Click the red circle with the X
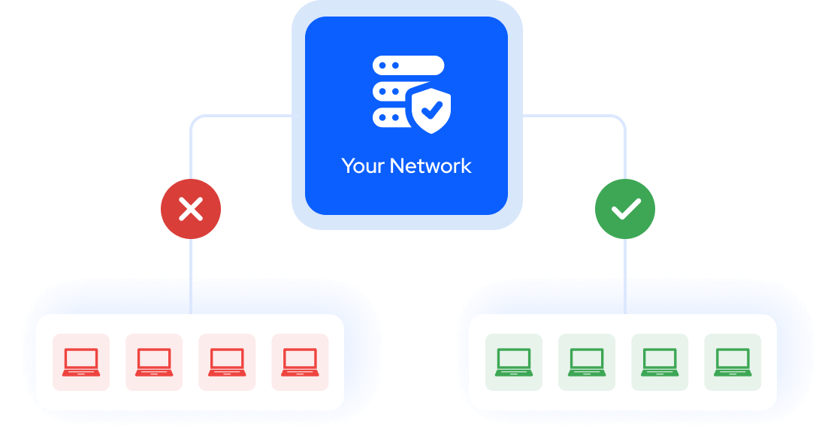pyautogui.click(x=191, y=209)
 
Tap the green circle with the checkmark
pyautogui.click(x=625, y=209)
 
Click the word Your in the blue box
pyautogui.click(x=363, y=166)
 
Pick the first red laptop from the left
pyautogui.click(x=81, y=362)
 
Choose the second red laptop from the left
pyautogui.click(x=154, y=362)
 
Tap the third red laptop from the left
pyautogui.click(x=227, y=362)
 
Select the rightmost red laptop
pyautogui.click(x=300, y=362)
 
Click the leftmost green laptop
pyautogui.click(x=514, y=362)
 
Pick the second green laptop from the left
pyautogui.click(x=587, y=362)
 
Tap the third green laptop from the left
pyautogui.click(x=660, y=362)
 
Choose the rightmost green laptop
pyautogui.click(x=733, y=362)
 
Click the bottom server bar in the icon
pyautogui.click(x=391, y=119)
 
